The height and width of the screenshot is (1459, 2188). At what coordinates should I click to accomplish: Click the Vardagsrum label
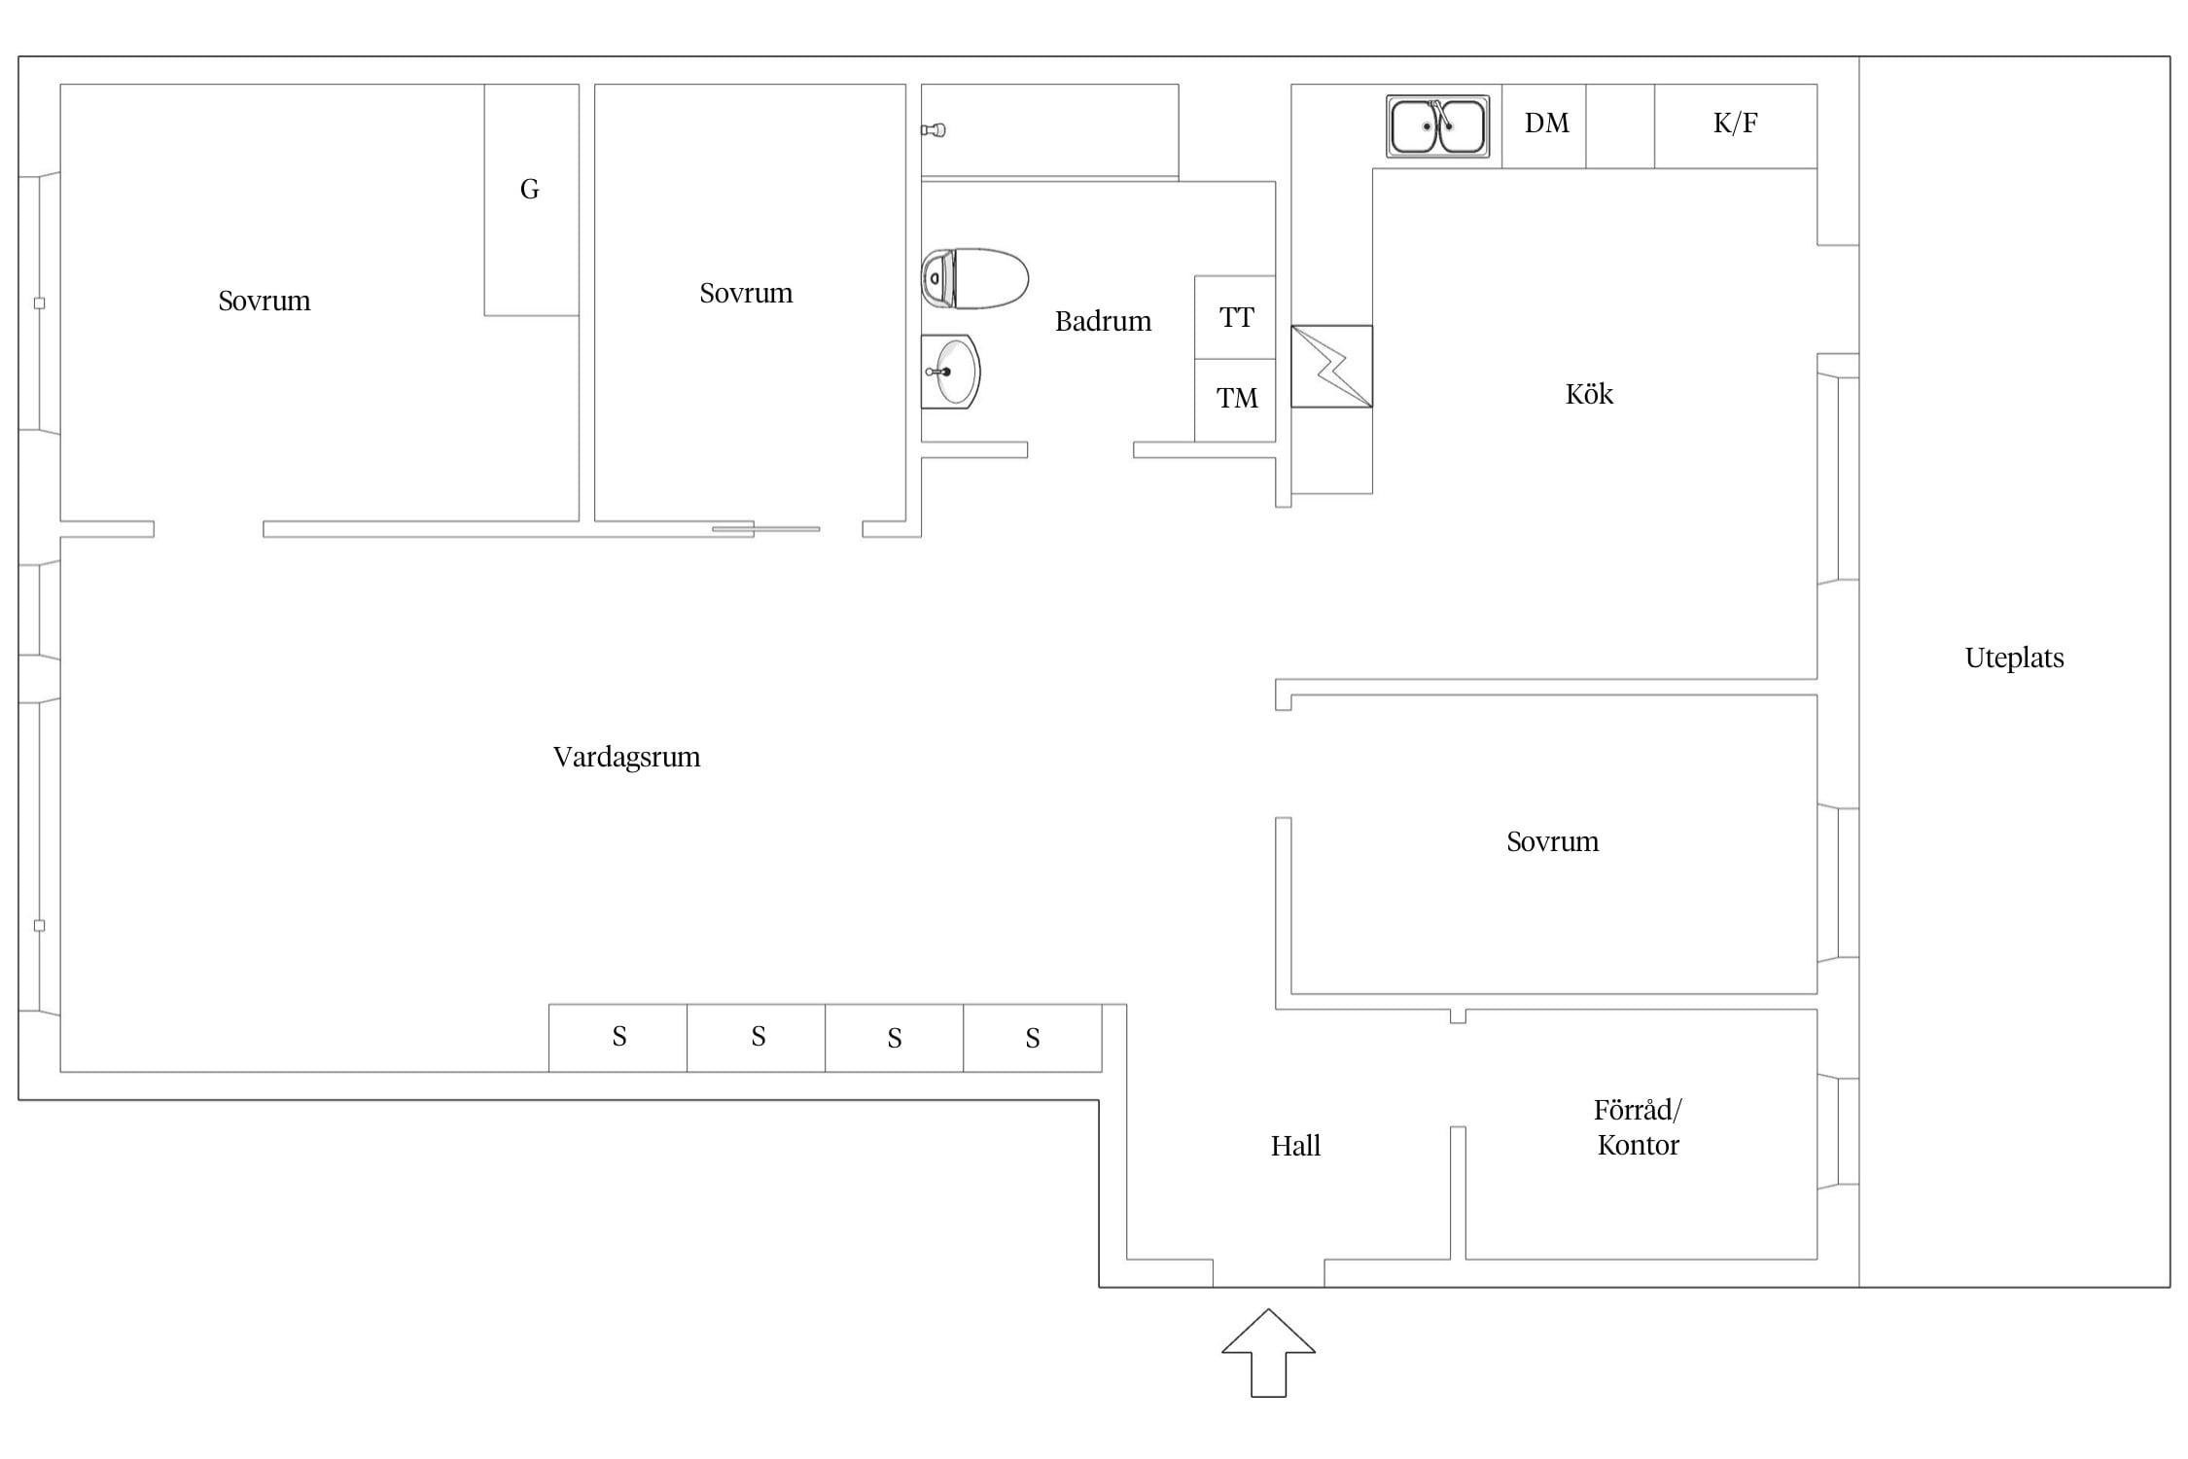pyautogui.click(x=626, y=757)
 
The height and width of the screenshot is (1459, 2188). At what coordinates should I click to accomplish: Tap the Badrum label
pyautogui.click(x=1103, y=321)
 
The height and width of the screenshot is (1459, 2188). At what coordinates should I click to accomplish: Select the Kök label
pyautogui.click(x=1589, y=394)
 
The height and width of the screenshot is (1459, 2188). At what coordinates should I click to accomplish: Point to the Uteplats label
pyautogui.click(x=2014, y=658)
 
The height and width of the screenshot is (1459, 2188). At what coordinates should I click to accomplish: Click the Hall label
pyautogui.click(x=1295, y=1146)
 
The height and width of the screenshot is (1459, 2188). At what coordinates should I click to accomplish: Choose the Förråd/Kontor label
pyautogui.click(x=1639, y=1127)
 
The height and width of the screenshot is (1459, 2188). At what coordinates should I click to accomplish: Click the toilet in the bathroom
pyautogui.click(x=974, y=278)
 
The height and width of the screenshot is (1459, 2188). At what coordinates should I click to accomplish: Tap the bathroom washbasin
pyautogui.click(x=950, y=372)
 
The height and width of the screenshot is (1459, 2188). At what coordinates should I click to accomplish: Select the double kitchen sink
pyautogui.click(x=1437, y=126)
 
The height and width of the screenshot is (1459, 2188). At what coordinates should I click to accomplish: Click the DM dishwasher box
pyautogui.click(x=1544, y=126)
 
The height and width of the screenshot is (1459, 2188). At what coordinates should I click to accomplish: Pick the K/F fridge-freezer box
pyautogui.click(x=1736, y=126)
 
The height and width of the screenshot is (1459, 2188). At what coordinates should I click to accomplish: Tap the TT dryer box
pyautogui.click(x=1235, y=317)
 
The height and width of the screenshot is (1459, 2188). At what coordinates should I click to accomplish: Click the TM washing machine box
pyautogui.click(x=1235, y=401)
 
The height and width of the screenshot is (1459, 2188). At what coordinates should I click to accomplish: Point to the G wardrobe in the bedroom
pyautogui.click(x=532, y=199)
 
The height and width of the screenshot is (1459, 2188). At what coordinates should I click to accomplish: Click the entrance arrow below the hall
pyautogui.click(x=1268, y=1353)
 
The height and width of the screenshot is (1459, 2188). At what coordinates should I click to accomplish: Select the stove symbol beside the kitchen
pyautogui.click(x=1331, y=367)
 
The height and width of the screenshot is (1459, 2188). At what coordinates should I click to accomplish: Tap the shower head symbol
pyautogui.click(x=934, y=129)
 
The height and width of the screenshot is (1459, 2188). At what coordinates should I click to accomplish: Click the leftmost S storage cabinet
pyautogui.click(x=618, y=1038)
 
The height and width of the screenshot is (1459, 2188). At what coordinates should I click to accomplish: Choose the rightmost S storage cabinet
pyautogui.click(x=1033, y=1038)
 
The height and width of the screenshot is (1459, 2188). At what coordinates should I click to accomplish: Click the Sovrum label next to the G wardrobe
pyautogui.click(x=265, y=302)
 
